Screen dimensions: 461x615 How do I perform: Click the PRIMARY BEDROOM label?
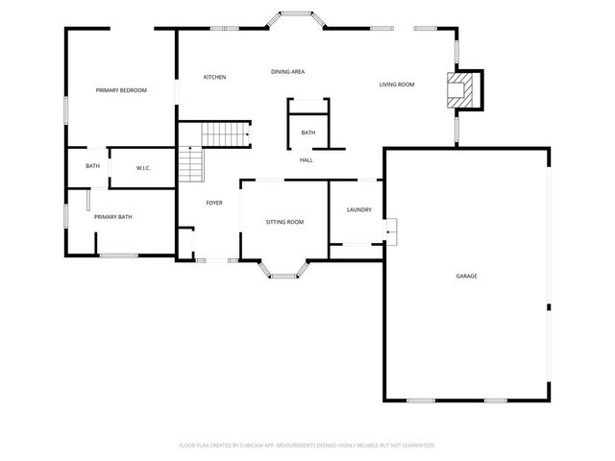pos(121,90)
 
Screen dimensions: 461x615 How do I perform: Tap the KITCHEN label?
pos(214,77)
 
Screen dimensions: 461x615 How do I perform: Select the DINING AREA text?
pos(287,72)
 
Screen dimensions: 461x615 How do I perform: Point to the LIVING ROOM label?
pos(396,85)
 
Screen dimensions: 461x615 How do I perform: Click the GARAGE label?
pos(466,276)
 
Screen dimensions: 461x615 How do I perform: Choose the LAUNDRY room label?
pos(358,210)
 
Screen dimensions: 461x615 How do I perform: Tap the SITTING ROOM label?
pos(284,222)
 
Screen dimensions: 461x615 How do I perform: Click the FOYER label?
pos(214,203)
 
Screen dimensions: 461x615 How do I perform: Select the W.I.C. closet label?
pos(143,168)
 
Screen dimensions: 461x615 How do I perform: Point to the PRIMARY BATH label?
pos(112,217)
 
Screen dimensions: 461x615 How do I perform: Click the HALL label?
pos(306,160)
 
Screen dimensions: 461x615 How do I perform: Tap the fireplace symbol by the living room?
pos(464,89)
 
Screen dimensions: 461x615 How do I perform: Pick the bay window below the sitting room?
pos(283,271)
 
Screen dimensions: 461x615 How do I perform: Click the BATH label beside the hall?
pos(307,133)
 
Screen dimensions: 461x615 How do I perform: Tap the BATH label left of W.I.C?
pos(92,166)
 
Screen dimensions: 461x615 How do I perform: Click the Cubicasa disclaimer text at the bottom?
pos(307,445)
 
